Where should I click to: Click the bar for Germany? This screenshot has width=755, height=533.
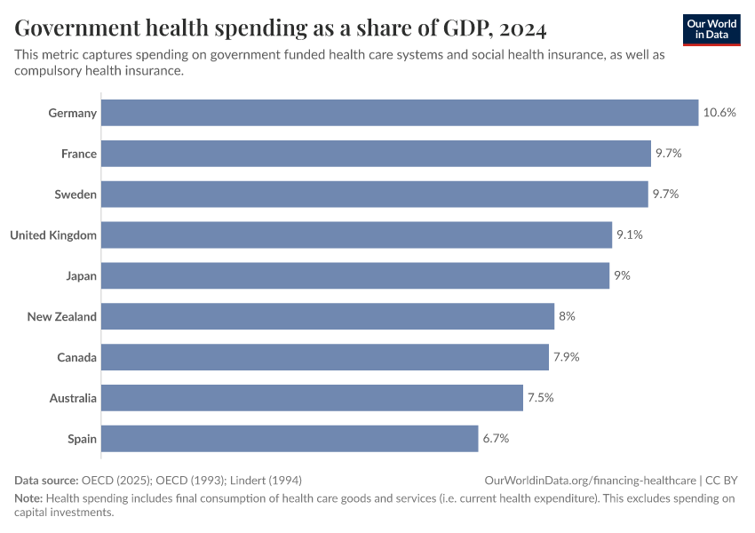coord(400,113)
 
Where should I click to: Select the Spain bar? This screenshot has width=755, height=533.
coord(290,439)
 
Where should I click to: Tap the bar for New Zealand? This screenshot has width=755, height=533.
coord(328,316)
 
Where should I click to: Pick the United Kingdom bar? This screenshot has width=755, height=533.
coord(356,235)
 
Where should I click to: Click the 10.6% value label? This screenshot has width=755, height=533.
coord(719,113)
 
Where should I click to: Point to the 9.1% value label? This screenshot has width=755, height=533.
coord(629,235)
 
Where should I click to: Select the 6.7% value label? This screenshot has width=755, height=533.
coord(496,439)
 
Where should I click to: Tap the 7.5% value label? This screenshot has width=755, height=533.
coord(540,398)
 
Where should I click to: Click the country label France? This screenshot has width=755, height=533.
coord(79,154)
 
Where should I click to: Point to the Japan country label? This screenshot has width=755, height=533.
coord(81,276)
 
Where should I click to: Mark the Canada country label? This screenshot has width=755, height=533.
coord(76,357)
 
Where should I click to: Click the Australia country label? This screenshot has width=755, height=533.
coord(73,398)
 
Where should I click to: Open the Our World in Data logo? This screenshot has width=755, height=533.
coord(711,29)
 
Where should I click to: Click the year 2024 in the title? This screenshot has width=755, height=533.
coord(523,29)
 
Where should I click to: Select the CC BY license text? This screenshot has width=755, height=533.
coord(721,480)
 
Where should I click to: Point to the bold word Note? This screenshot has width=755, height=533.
coord(28,498)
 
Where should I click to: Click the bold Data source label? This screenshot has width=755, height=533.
coord(46,480)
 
